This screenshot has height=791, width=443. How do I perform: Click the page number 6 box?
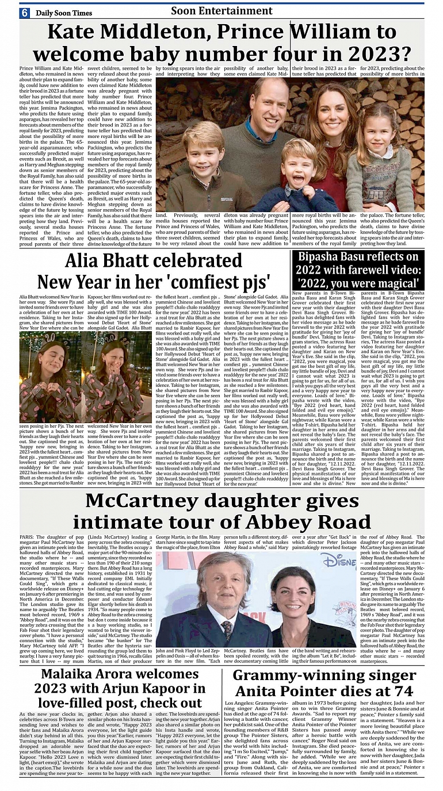[x=25, y=13]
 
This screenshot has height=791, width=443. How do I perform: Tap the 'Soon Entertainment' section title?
[x=221, y=11]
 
